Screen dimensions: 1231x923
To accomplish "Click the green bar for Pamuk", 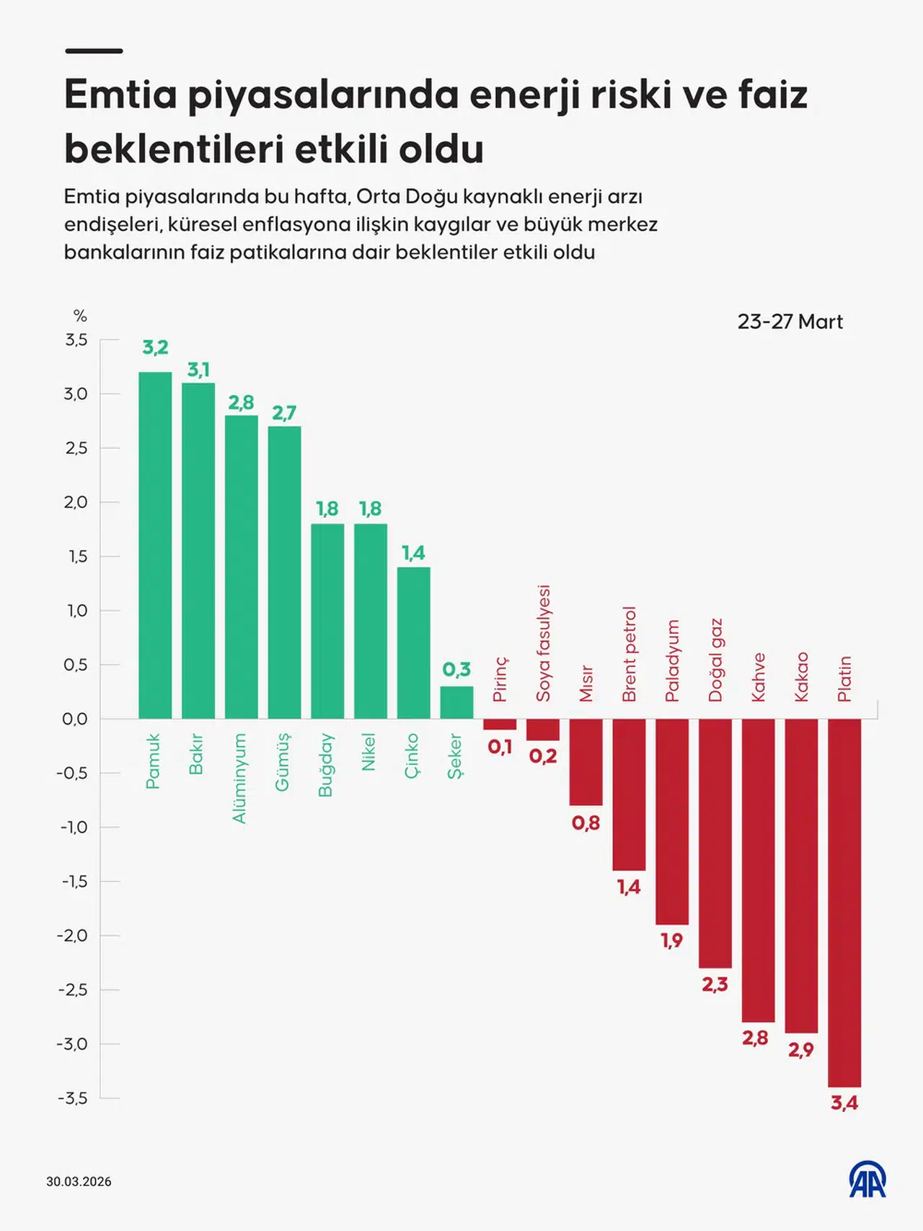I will pos(155,545).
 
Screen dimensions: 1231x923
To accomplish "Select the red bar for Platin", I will pos(844,902).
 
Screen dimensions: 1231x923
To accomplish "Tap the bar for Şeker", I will pos(456,702).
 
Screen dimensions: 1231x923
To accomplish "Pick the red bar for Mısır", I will pos(586,762).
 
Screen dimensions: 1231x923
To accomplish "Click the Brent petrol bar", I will pos(629,794).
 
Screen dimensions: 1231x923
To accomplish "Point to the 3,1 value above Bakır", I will pos(198,370).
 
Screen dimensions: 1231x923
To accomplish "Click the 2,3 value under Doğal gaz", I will pos(715,984).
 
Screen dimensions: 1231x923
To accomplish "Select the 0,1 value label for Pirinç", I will pos(500,747).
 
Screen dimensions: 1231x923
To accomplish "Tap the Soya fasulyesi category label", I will pos(543,643).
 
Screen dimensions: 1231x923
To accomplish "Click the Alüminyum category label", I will pos(239,778).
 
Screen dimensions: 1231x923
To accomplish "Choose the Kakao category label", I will pos(801,677).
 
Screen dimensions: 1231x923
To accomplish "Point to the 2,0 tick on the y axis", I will pos(76,502).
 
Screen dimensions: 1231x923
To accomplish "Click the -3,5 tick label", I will pos(73,1098).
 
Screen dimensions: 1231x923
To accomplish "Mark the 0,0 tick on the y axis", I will pos(75,719).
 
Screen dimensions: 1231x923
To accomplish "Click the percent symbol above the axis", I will pos(80,316).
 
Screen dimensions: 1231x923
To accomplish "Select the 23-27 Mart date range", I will pos(790,322).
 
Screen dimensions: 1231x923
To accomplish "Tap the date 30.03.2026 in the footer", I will pos(79,1181).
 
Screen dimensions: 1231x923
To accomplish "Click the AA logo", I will pos(867,1180).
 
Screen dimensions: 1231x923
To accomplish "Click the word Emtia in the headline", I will pos(120,95).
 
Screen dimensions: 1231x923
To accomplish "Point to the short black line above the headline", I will pos(94,51).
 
